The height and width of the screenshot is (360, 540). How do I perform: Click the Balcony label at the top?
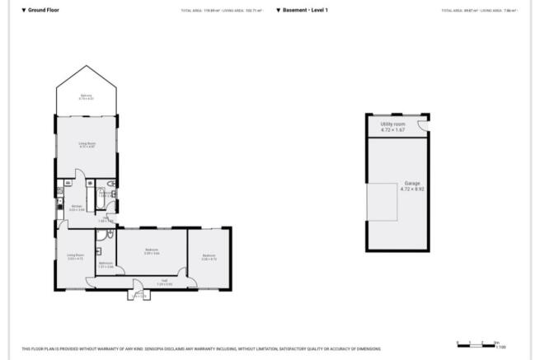tap(87, 97)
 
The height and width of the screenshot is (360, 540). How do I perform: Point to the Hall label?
tap(164, 283)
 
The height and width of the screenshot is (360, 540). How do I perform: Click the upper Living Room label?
tap(86, 146)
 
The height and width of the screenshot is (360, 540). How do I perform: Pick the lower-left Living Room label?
tap(75, 257)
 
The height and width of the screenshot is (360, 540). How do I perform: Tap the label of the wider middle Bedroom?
tap(152, 251)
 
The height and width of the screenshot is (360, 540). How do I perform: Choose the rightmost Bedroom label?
tap(209, 257)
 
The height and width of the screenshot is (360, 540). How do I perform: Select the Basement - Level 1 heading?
tap(303, 11)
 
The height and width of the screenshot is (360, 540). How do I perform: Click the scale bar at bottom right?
tap(477, 343)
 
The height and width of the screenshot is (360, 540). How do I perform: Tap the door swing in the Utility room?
tap(422, 124)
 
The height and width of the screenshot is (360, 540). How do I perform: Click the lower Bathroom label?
tap(105, 266)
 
